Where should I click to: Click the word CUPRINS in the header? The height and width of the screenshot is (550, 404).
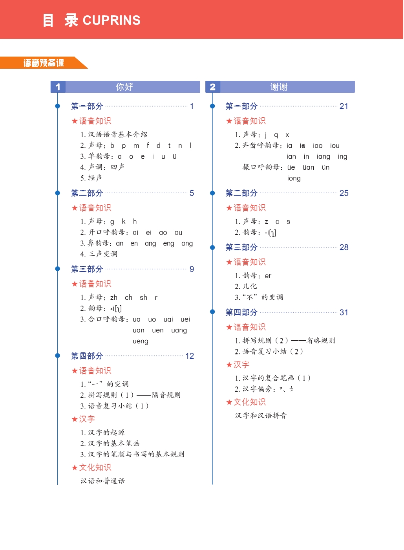pos(112,20)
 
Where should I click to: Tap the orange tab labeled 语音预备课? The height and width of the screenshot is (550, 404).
pos(43,63)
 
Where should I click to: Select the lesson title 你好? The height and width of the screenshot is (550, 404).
pos(124,87)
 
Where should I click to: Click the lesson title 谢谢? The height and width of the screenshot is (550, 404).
pos(279,87)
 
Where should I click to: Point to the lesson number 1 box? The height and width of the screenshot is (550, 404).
pos(58,87)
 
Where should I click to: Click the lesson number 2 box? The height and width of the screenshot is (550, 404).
pos(213,87)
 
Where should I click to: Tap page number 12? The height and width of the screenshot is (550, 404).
pos(190,356)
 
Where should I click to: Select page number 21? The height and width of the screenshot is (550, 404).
pos(344,106)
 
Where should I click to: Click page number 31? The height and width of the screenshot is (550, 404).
pos(344,312)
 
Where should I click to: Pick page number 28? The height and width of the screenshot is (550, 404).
pos(344,247)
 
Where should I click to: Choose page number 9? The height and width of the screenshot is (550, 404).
pos(192,269)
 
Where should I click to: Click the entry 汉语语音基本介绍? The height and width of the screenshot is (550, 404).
pos(117,134)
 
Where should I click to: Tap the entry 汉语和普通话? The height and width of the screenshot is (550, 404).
pos(103,481)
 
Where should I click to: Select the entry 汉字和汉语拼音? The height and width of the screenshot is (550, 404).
pos(261,416)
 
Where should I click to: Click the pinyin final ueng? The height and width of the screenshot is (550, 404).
pos(140,341)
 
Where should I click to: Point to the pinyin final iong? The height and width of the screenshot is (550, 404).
pos(294,178)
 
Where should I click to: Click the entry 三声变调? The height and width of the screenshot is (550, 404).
pos(102,254)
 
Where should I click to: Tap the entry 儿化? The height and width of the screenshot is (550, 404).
pos(250,286)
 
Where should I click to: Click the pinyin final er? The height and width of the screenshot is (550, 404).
pos(268,276)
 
